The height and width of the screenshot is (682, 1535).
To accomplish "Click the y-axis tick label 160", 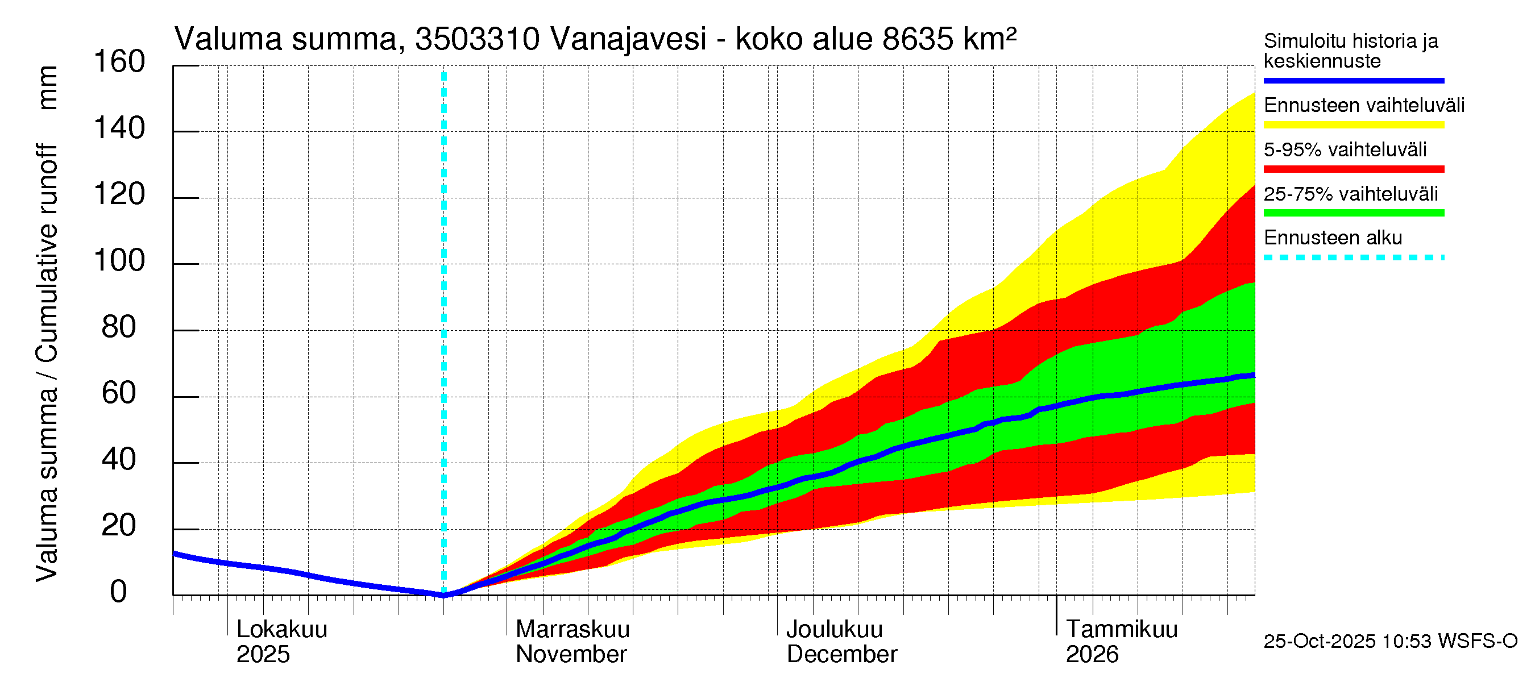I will [119, 62].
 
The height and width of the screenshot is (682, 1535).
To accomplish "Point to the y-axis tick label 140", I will [119, 128].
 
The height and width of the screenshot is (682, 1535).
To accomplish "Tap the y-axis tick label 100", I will [119, 261].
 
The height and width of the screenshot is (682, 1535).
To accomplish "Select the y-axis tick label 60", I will [119, 393].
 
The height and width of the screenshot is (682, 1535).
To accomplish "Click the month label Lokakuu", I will [282, 630].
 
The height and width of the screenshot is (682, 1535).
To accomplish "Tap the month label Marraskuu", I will [572, 630].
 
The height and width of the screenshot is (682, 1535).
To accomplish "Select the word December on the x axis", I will [841, 655].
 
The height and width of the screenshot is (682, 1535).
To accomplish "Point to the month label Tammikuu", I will [1122, 630].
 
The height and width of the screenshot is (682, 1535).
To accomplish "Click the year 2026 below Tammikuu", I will [1092, 655].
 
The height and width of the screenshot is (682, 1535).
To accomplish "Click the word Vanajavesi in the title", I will [628, 39].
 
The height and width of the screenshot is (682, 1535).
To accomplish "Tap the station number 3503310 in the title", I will [478, 39].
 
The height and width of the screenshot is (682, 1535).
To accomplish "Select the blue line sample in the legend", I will [1353, 80].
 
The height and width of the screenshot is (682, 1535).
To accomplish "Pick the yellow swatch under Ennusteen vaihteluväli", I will [1353, 125].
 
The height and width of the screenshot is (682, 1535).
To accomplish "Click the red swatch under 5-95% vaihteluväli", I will [1353, 169].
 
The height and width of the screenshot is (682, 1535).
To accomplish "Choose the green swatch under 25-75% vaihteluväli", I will [1353, 213].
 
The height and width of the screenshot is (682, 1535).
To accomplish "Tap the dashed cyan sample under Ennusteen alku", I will [1353, 258].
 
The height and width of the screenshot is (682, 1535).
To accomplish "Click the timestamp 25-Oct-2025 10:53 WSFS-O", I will [1390, 642].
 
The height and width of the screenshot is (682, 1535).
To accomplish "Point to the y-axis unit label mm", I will [48, 88].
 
